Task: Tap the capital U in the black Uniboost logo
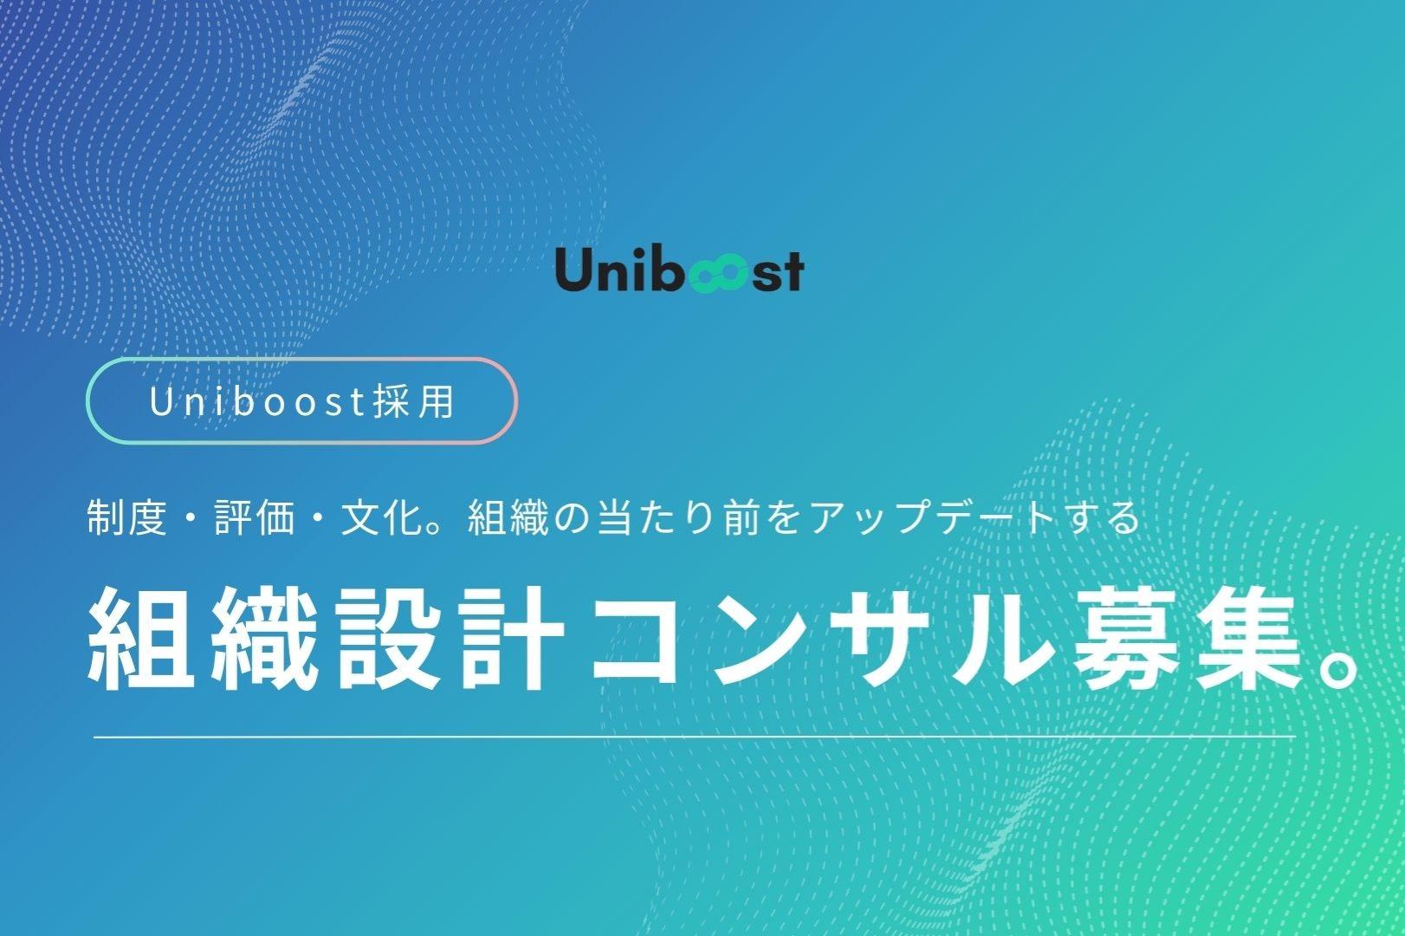point(576,268)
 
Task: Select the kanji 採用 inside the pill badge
point(413,401)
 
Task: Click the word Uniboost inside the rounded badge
point(258,401)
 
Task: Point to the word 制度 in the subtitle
point(126,517)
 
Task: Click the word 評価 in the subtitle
point(255,517)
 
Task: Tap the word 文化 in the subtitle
point(381,517)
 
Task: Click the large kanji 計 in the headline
point(510,638)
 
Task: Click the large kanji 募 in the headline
point(1122,638)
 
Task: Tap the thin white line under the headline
point(695,737)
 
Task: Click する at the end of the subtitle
point(1104,517)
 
